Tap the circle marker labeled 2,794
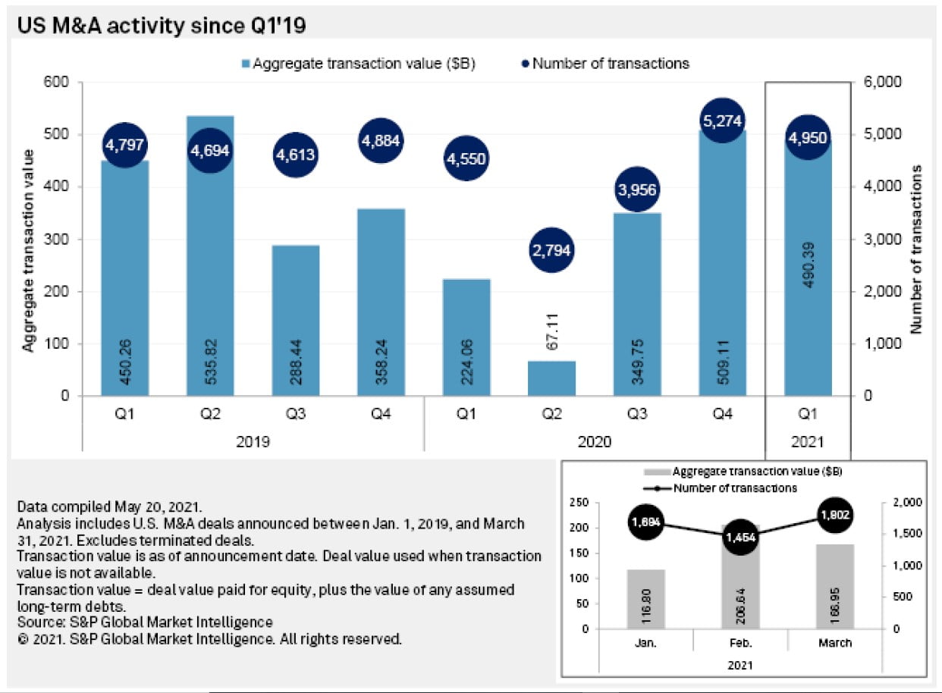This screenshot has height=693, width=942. click(552, 249)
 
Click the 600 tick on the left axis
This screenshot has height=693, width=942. click(59, 82)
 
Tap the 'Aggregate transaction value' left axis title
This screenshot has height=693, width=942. click(29, 250)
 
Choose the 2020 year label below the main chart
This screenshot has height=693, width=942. click(594, 441)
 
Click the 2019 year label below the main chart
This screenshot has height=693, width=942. click(253, 441)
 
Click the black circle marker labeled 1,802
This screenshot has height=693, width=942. click(835, 514)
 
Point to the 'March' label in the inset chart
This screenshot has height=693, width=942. click(835, 643)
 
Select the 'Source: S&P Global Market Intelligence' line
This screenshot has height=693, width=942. click(144, 622)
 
